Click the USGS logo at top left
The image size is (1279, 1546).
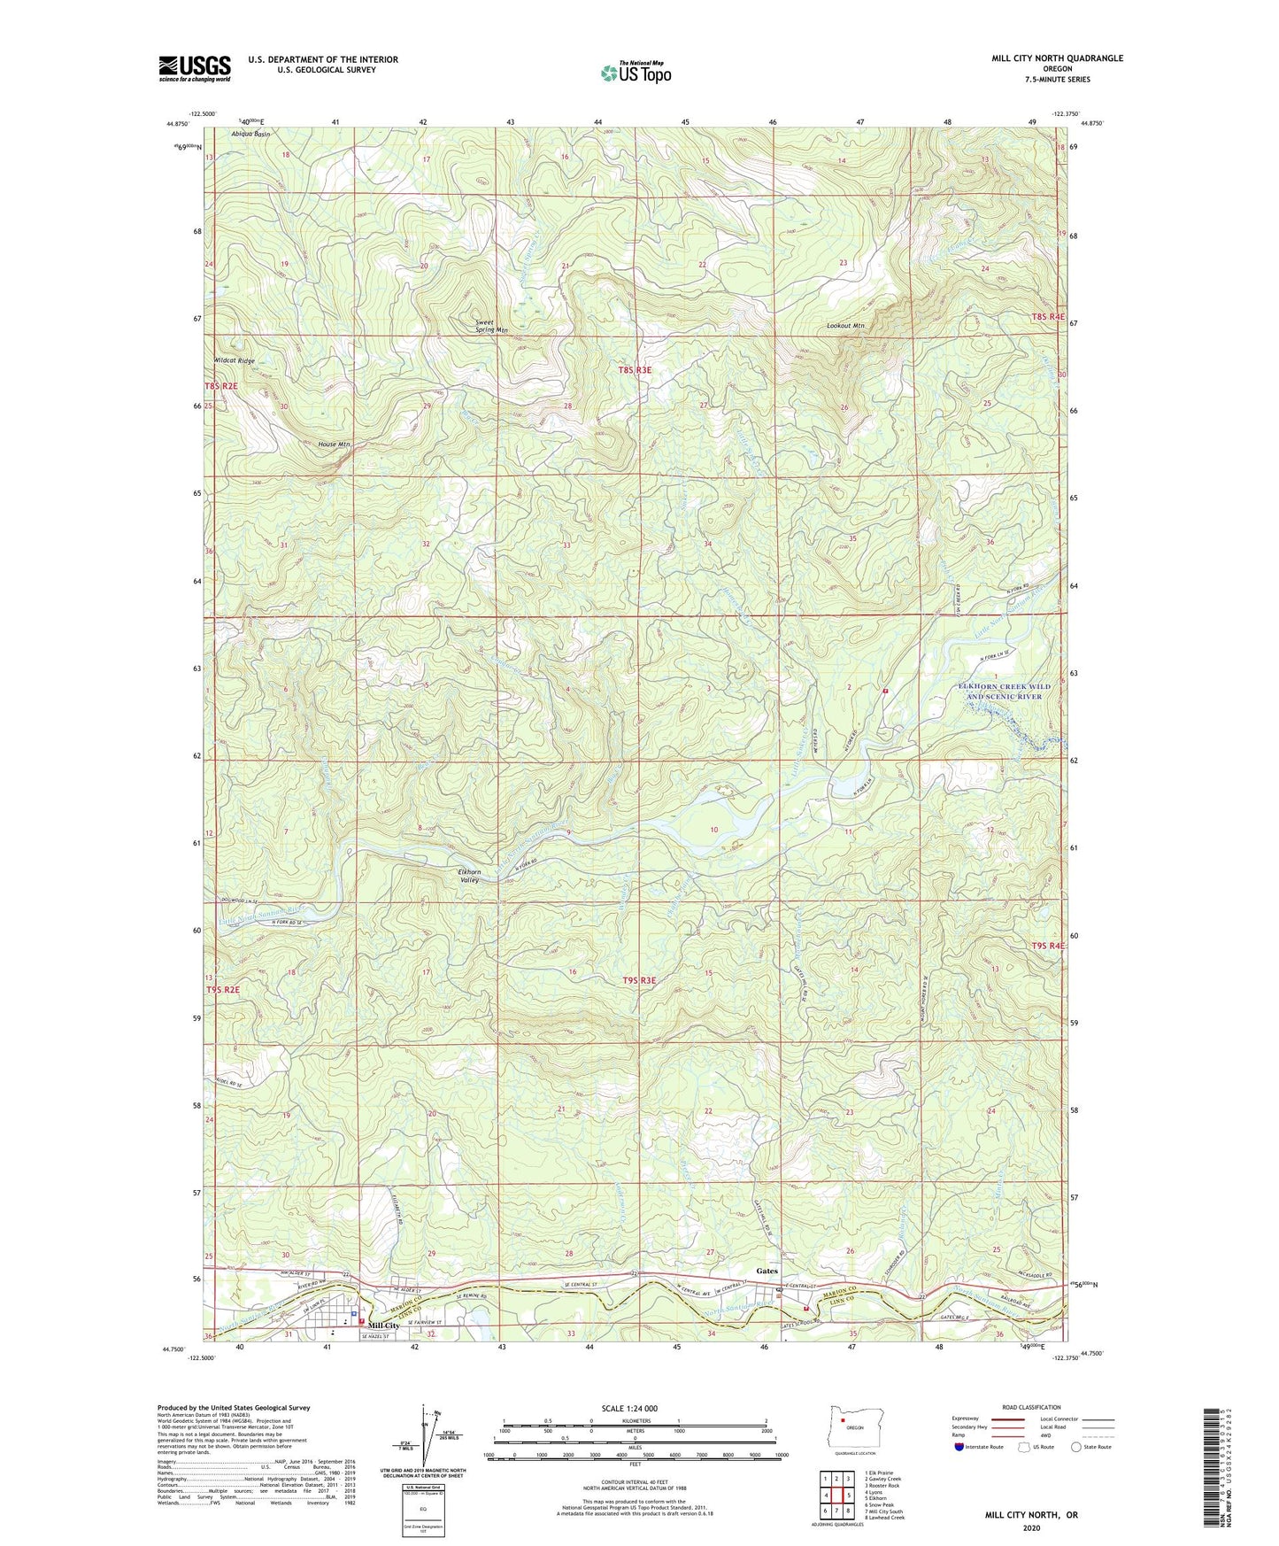tap(195, 68)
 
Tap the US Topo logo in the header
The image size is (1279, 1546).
tap(635, 73)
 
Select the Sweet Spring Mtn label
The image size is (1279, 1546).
tap(491, 326)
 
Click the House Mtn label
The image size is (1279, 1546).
tap(333, 444)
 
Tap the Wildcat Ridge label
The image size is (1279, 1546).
tap(235, 361)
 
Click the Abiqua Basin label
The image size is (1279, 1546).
tap(250, 134)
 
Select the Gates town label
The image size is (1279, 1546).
tap(767, 1272)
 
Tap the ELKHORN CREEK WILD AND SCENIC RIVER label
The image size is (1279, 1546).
tap(1004, 692)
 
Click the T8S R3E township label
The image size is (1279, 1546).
tap(635, 370)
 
